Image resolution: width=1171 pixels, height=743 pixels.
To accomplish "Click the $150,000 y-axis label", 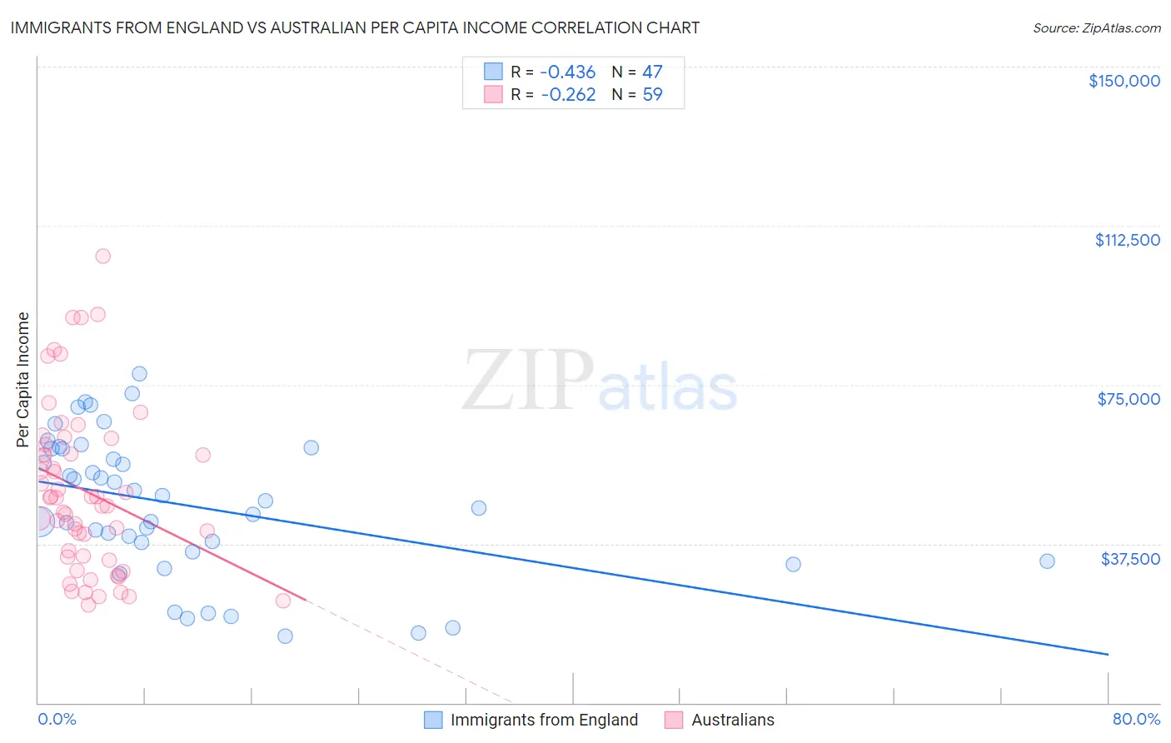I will coord(1124,81).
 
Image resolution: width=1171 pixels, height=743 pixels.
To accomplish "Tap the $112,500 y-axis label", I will coord(1127,240).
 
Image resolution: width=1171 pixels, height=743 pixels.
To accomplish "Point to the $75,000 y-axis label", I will coord(1129,399).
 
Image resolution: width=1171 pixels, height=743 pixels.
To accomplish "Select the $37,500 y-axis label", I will coord(1129,559).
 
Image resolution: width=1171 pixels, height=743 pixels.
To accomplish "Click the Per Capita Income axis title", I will coord(23,379).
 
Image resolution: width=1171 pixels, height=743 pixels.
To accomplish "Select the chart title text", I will coord(355,27).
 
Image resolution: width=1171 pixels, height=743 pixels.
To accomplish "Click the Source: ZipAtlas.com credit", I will coord(1096,27).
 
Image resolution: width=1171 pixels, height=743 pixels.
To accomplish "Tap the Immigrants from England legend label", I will coord(544,720).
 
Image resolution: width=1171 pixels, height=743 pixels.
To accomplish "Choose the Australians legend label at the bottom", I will coord(733,720).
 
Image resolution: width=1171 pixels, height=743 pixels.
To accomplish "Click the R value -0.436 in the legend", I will coord(568,72).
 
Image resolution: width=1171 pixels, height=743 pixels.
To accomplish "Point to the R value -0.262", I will coord(568,95).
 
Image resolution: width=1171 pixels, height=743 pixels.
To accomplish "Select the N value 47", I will coord(652,72).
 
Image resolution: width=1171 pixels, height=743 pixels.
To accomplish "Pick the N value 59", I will coord(652,95).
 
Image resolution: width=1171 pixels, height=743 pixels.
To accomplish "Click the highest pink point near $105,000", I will coord(103,256).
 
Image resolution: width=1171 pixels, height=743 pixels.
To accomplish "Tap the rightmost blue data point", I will coord(1047,561).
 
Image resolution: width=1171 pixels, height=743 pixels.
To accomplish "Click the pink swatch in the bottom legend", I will coord(674,720).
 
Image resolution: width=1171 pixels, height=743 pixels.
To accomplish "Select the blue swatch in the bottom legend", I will coord(433,720).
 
